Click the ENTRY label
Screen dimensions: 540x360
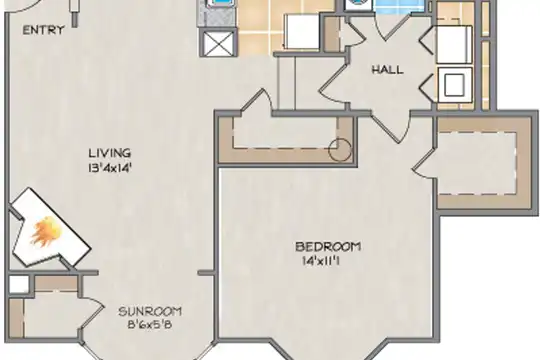click(x=43, y=30)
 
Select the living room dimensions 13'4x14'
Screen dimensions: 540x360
click(x=110, y=168)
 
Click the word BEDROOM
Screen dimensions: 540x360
click(x=328, y=247)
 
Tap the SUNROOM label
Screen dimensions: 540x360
click(x=150, y=312)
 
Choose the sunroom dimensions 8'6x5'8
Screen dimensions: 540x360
click(x=149, y=325)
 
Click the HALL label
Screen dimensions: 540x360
click(x=387, y=70)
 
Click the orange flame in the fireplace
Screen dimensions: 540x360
click(x=45, y=232)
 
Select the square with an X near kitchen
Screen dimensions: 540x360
click(x=219, y=43)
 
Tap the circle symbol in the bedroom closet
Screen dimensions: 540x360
click(x=340, y=150)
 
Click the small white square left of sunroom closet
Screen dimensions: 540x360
click(x=19, y=284)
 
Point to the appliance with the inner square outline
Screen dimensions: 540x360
click(x=454, y=84)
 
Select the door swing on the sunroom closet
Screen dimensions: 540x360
click(x=92, y=312)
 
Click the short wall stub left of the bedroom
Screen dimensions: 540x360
click(x=206, y=273)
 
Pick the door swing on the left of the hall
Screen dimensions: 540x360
click(x=332, y=83)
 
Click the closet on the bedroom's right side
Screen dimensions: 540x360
click(x=482, y=163)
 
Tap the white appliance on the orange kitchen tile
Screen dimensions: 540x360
click(x=302, y=32)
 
